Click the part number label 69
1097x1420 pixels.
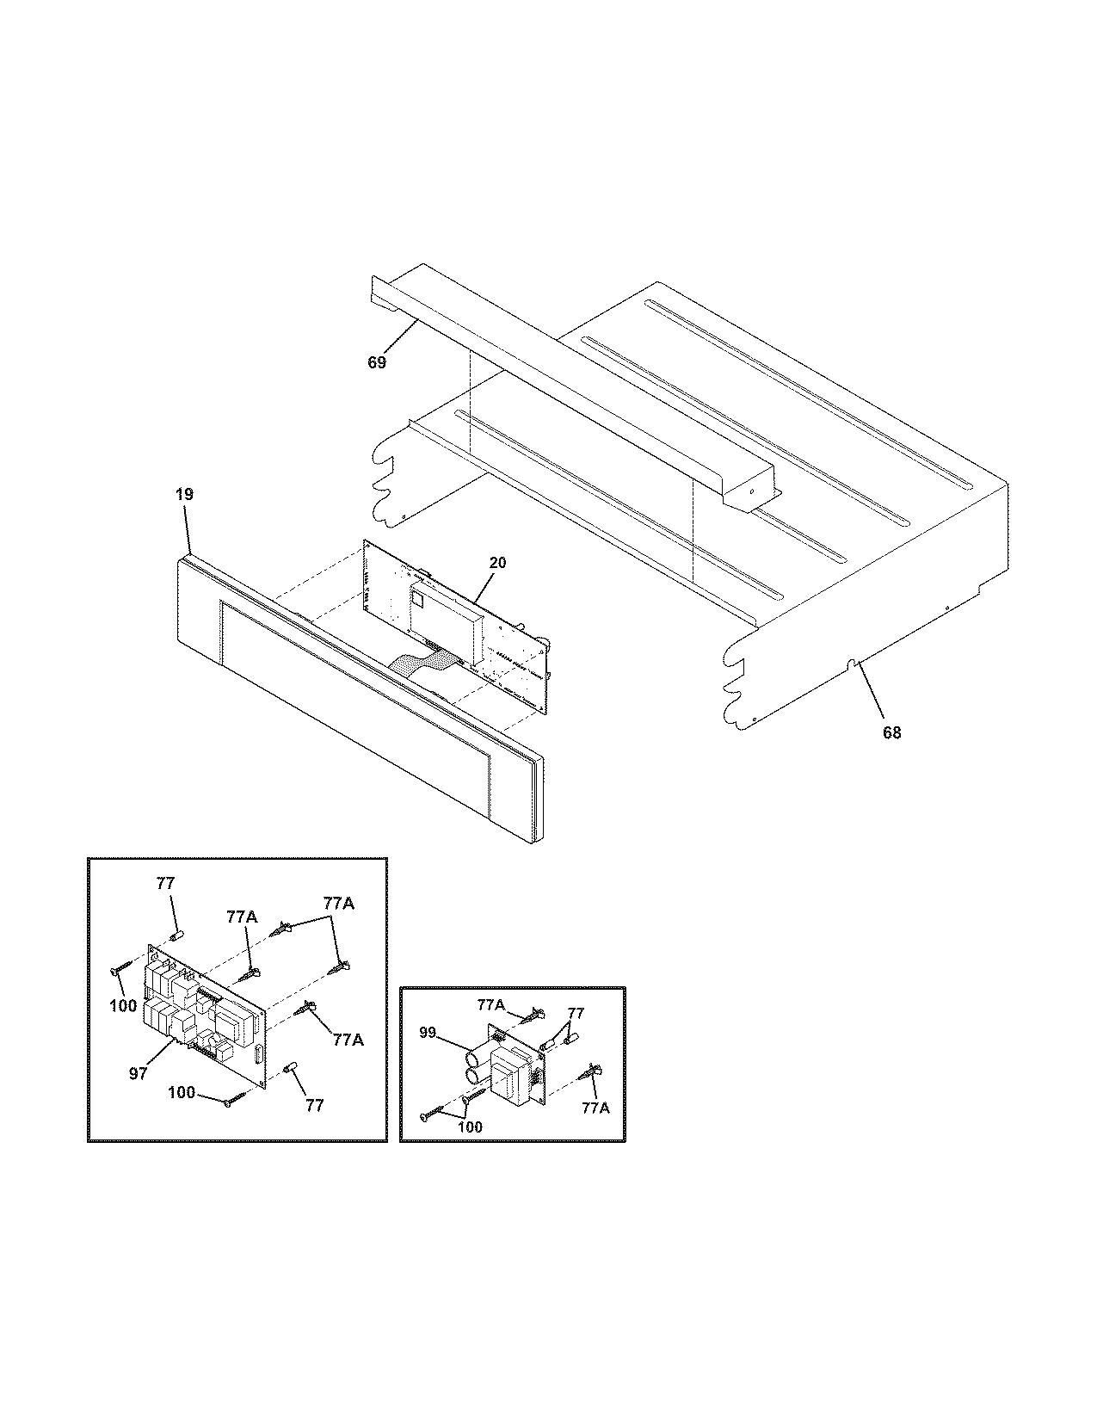(x=377, y=362)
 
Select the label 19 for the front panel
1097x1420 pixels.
(x=184, y=495)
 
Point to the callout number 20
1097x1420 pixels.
(x=497, y=563)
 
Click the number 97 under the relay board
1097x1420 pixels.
(x=139, y=1074)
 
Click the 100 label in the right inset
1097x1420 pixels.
(x=471, y=1127)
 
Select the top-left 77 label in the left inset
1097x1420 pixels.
(x=165, y=883)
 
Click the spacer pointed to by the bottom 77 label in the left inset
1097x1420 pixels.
(x=290, y=1068)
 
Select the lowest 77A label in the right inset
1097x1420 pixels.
(x=595, y=1108)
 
